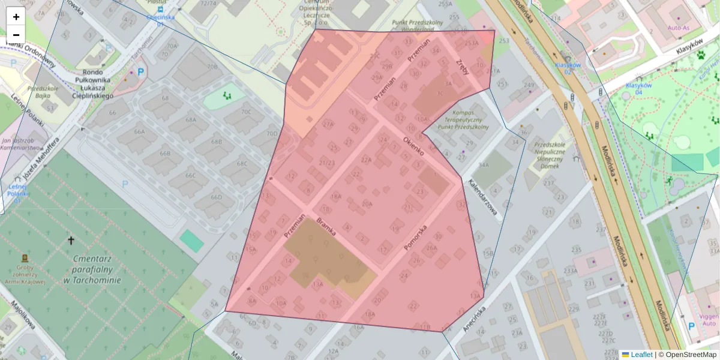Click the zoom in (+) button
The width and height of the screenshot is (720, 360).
16,17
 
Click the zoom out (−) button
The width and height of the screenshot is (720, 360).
16,35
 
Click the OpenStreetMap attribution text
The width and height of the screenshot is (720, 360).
691,355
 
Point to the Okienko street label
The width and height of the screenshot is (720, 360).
413,145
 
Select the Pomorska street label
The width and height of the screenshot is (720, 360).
415,237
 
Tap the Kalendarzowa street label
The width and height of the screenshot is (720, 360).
484,200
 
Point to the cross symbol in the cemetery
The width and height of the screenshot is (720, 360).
71,241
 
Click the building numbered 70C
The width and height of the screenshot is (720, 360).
246,112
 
